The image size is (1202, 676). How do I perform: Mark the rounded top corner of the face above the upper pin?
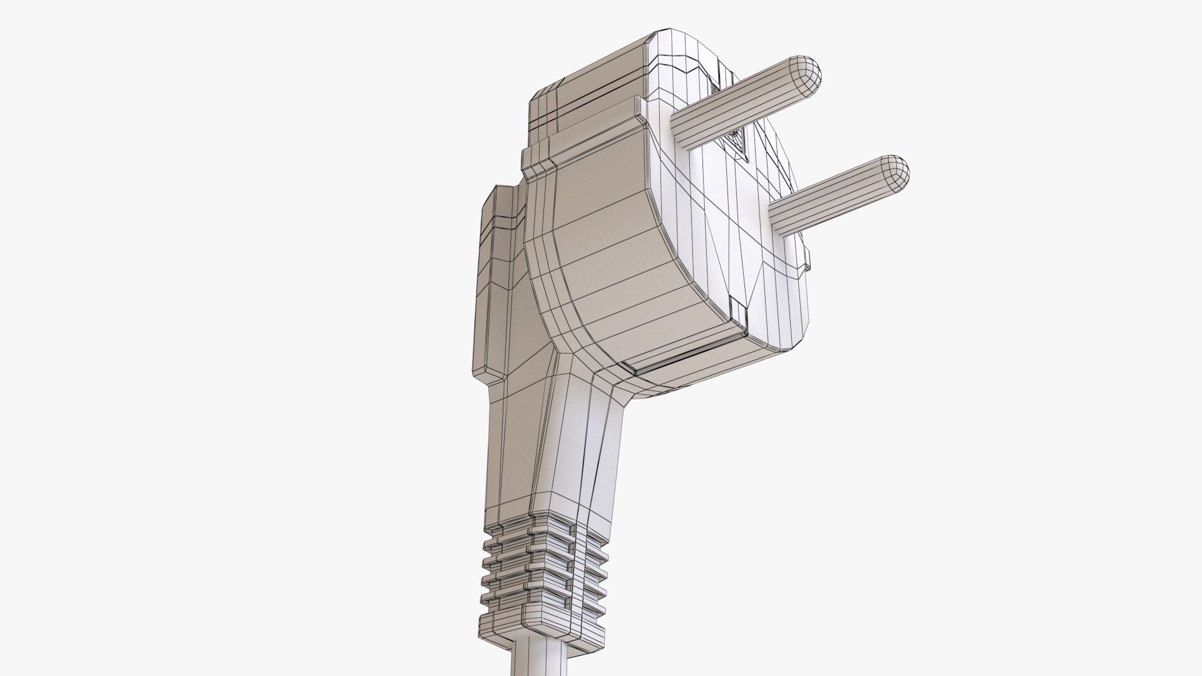(x=682, y=50)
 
